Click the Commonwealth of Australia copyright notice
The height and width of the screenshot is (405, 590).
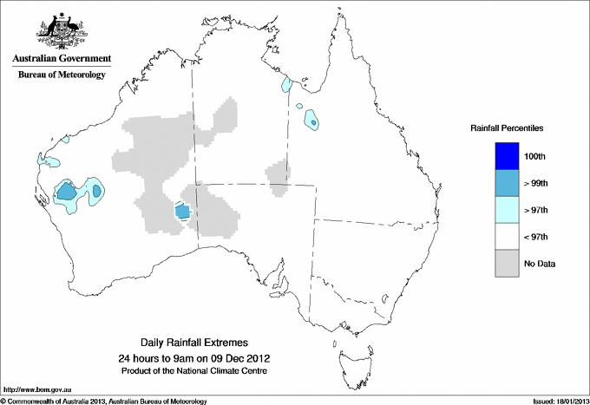(x=104, y=401)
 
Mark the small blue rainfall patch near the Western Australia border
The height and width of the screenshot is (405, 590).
(x=182, y=211)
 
